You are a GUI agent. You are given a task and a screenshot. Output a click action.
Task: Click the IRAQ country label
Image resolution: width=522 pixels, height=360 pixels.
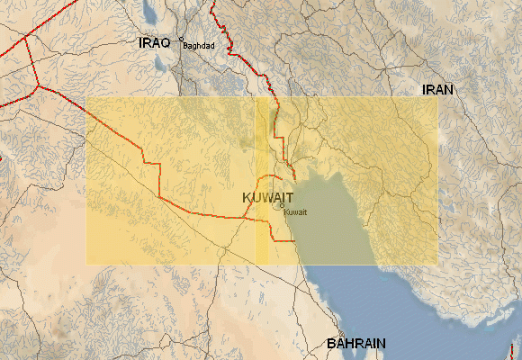[x=154, y=43]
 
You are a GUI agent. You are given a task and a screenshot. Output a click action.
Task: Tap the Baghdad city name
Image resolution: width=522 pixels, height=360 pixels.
[x=198, y=47]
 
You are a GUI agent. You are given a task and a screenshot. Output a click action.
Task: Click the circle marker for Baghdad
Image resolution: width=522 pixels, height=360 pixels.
[x=182, y=40]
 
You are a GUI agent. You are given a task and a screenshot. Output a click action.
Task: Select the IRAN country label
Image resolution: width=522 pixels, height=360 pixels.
[x=437, y=90]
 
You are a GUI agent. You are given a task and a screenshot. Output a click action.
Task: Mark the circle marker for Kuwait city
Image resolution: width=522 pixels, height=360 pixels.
[x=282, y=205]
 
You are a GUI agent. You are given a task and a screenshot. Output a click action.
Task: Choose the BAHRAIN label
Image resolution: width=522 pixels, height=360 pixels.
[x=356, y=344]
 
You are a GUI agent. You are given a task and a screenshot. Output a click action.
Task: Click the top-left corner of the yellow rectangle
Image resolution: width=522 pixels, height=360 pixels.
[x=86, y=97]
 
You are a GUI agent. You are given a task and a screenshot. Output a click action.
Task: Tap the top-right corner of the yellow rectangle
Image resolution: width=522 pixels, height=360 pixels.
[x=438, y=97]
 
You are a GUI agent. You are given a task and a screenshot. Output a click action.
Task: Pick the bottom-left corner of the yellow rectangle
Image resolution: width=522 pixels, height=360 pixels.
[x=86, y=265]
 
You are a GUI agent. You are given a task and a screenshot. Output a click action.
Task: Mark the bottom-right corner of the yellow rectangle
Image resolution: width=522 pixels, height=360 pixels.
[x=438, y=265]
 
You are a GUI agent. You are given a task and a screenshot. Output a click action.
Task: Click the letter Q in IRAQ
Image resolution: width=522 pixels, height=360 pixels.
[x=165, y=43]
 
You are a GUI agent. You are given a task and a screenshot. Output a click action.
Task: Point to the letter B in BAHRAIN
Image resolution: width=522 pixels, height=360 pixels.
[x=331, y=344]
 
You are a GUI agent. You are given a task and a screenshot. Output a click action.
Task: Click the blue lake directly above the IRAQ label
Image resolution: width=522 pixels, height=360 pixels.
[x=149, y=13]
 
